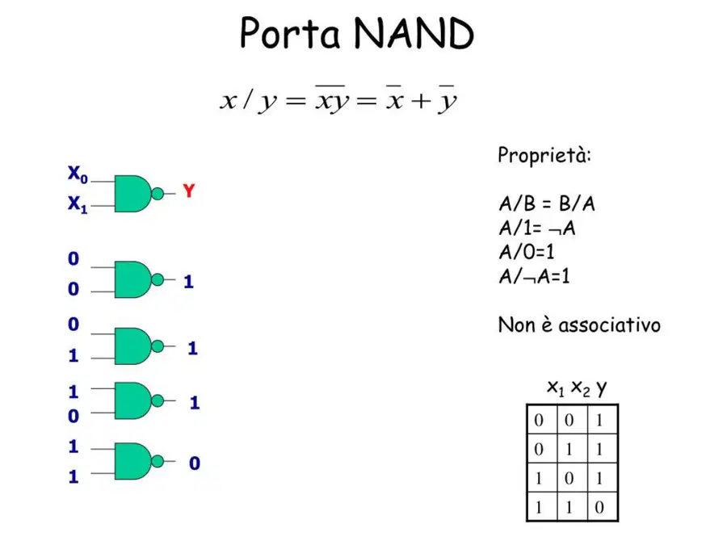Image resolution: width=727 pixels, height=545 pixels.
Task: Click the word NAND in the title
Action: click(414, 33)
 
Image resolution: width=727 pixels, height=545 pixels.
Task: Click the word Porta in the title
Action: click(290, 33)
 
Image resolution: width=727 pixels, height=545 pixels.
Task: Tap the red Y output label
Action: click(189, 191)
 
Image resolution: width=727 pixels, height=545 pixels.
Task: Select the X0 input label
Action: click(78, 174)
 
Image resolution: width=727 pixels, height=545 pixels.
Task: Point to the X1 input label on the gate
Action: click(78, 204)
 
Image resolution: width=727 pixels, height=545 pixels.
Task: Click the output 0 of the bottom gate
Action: click(194, 463)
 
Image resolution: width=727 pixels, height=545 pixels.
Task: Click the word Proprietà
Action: click(544, 155)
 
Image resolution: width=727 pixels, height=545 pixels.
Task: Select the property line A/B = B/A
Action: click(547, 203)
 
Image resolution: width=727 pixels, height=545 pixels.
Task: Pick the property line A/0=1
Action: click(526, 252)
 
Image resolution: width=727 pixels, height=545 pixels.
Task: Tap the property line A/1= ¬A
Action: click(537, 228)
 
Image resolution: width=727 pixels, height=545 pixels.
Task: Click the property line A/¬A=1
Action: click(534, 277)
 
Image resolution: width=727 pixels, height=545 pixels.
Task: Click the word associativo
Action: click(609, 325)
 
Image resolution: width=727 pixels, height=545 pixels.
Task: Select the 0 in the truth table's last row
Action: click(599, 507)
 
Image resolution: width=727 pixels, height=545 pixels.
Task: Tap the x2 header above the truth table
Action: click(581, 388)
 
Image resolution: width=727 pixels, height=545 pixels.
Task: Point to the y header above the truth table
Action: click(601, 388)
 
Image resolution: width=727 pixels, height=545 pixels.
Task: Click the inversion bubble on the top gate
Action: click(158, 193)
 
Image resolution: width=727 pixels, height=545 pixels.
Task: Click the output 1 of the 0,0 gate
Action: click(188, 282)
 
